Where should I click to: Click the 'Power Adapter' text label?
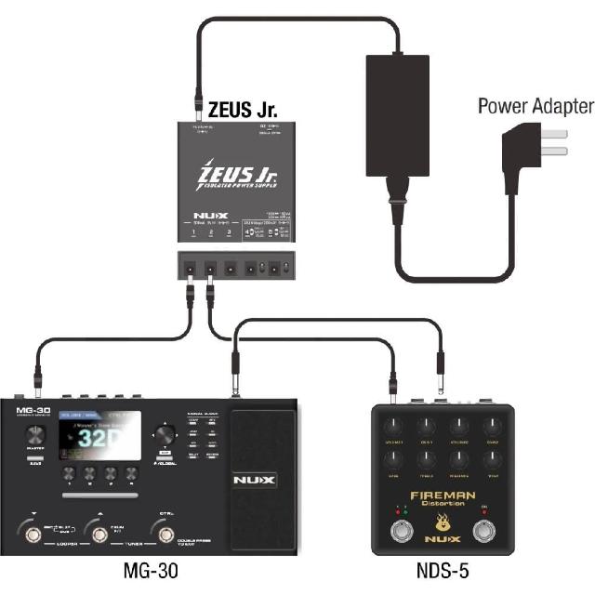tap(535, 105)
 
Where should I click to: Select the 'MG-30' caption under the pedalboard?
tap(151, 570)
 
